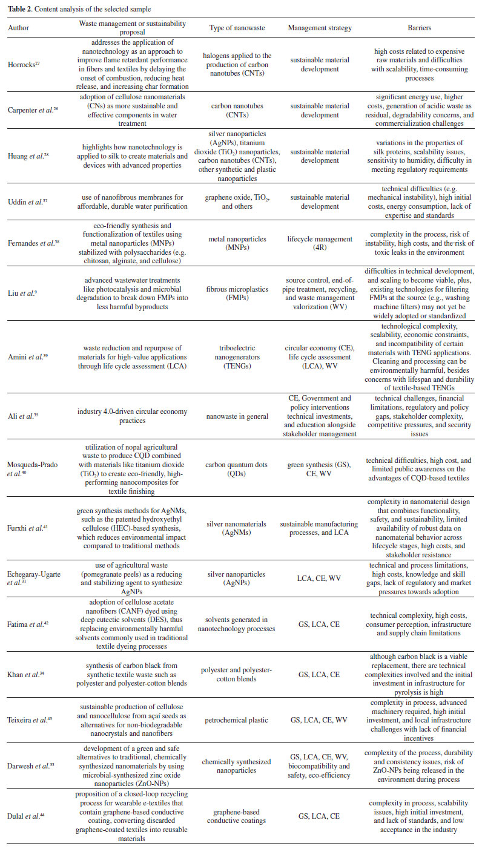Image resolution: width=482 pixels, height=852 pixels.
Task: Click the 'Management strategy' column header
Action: point(319,28)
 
